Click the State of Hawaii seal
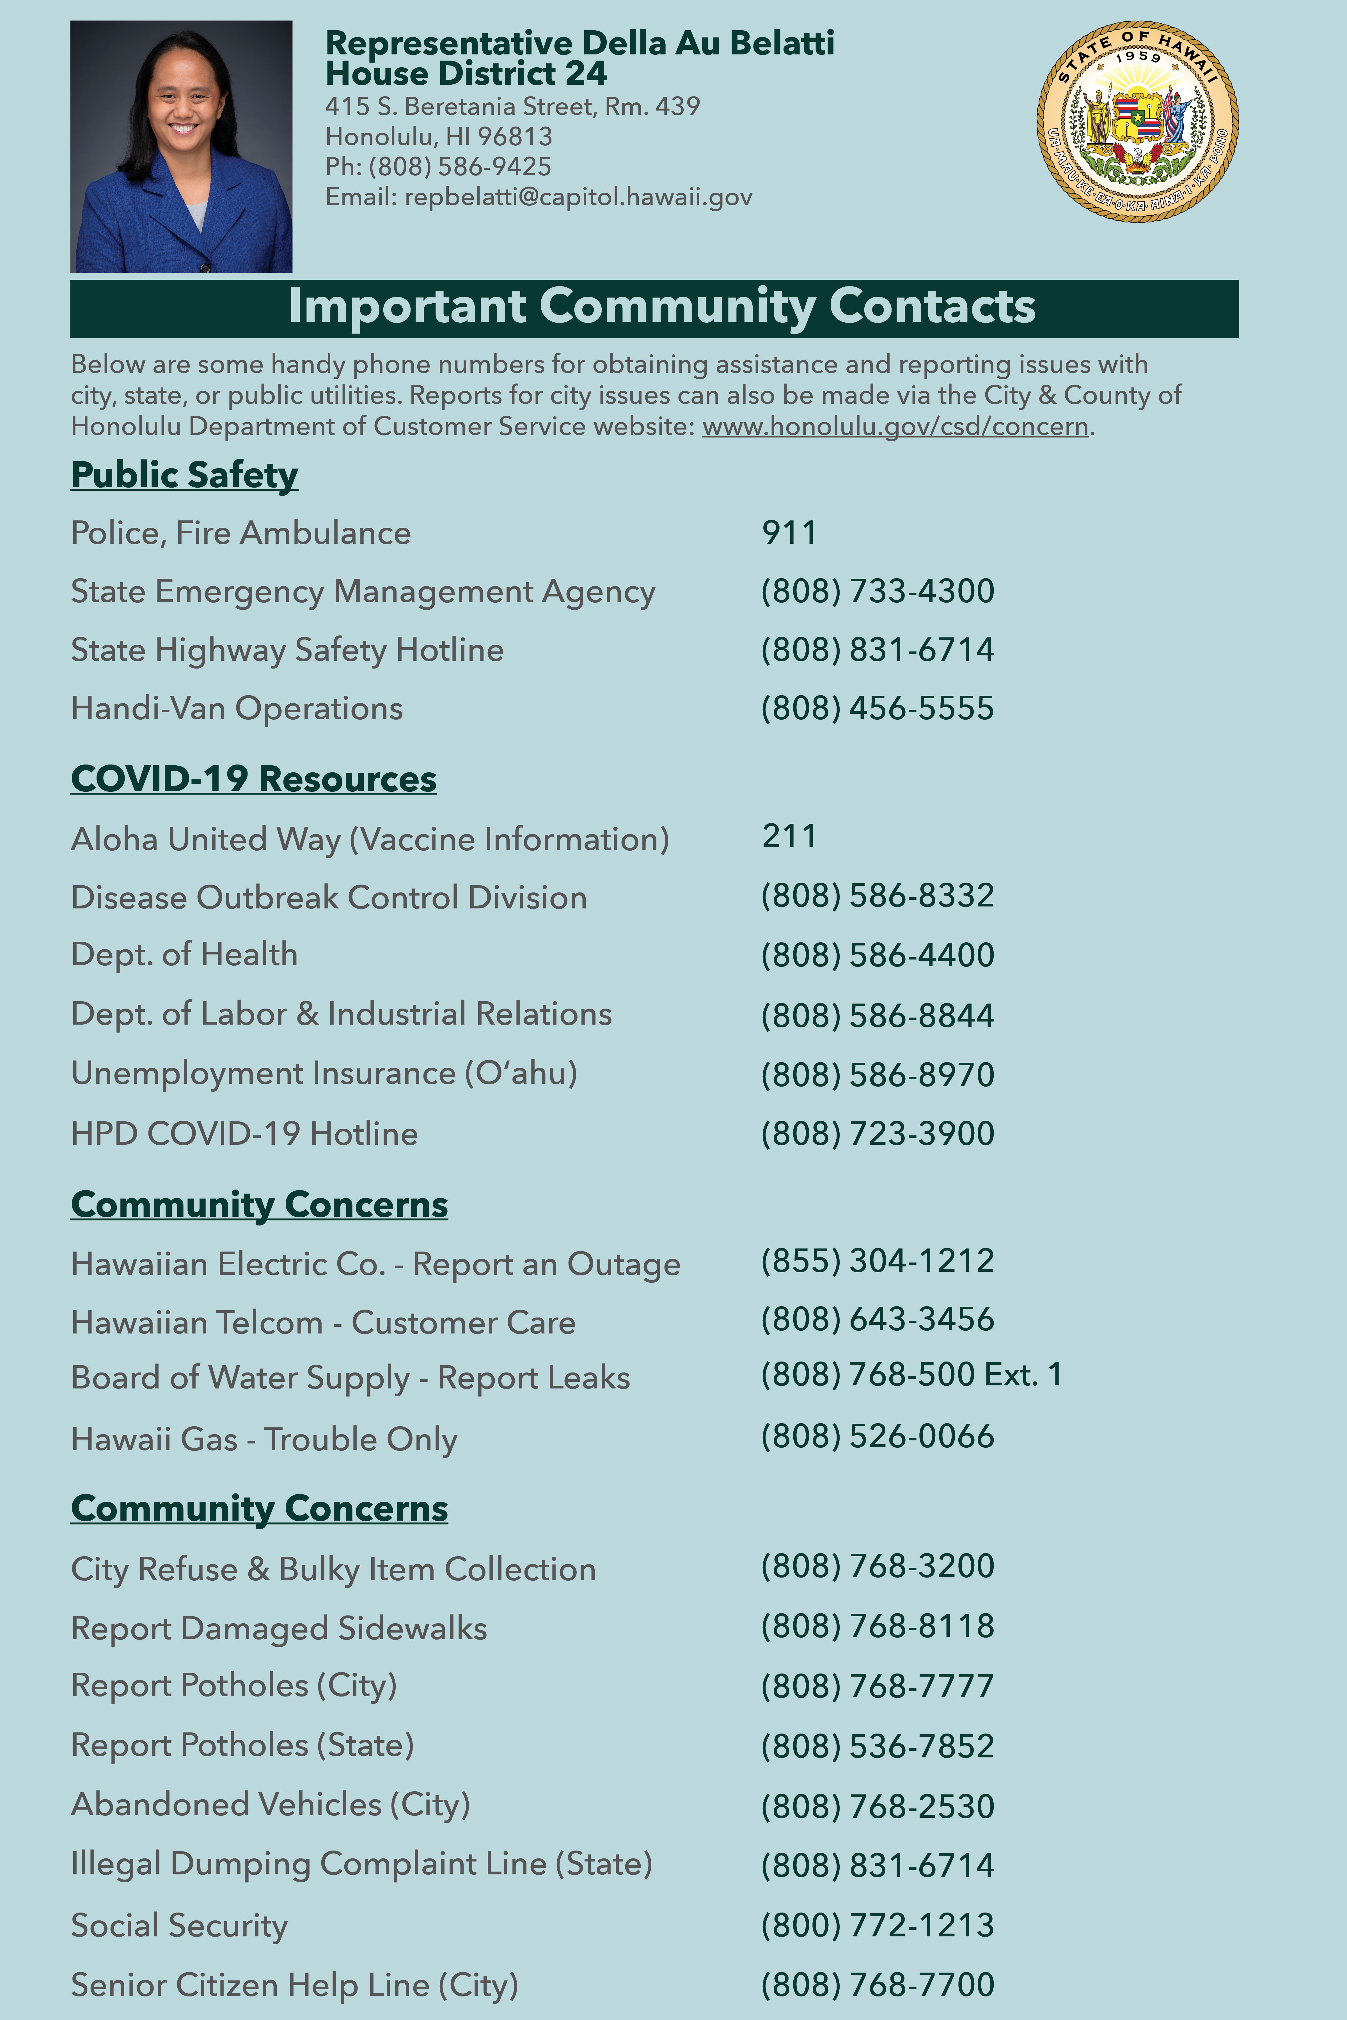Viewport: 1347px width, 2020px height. coord(1137,121)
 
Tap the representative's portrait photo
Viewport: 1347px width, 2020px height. coord(181,147)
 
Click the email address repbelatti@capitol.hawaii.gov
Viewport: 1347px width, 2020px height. coord(578,198)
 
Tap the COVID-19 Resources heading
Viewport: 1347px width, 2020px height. coord(253,779)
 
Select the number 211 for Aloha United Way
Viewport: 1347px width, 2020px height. coord(789,837)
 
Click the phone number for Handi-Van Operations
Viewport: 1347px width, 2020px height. coord(877,709)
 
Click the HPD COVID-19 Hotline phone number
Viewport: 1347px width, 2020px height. coord(877,1134)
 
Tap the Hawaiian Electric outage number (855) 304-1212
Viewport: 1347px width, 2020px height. coord(877,1261)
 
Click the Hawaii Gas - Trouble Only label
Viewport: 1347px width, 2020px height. coord(264,1440)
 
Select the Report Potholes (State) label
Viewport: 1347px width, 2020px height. coord(242,1745)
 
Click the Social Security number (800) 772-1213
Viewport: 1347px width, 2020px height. coord(877,1925)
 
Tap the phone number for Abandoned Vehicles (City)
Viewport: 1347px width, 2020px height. coord(877,1806)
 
